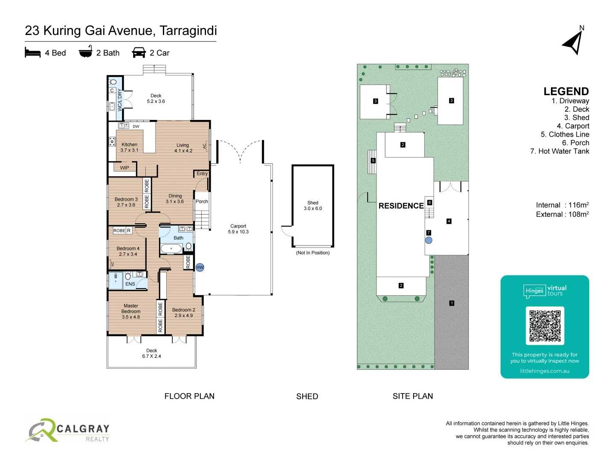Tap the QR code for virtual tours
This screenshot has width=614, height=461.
[x=544, y=326]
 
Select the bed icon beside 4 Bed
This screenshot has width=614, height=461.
[x=33, y=53]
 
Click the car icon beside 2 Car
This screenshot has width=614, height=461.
[x=139, y=53]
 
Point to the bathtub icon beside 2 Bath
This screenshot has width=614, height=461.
[x=86, y=52]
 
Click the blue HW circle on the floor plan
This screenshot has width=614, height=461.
[x=200, y=267]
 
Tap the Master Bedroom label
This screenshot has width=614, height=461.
[x=131, y=311]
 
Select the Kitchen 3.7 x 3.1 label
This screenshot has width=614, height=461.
[x=129, y=147]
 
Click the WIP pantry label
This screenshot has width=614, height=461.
[x=125, y=168]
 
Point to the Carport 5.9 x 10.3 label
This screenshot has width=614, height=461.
[x=238, y=229]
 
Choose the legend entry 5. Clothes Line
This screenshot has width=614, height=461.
[x=565, y=134]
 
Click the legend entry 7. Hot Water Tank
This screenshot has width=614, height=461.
[x=559, y=151]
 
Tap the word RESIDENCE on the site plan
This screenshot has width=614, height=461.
[x=401, y=206]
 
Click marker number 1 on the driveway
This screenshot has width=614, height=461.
[x=452, y=303]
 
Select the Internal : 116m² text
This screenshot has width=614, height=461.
[x=562, y=205]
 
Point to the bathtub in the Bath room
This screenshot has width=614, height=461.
[x=171, y=248]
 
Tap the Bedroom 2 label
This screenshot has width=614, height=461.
[x=184, y=312]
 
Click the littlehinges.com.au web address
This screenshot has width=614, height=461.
[x=544, y=371]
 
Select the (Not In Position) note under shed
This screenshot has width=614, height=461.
[x=313, y=253]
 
